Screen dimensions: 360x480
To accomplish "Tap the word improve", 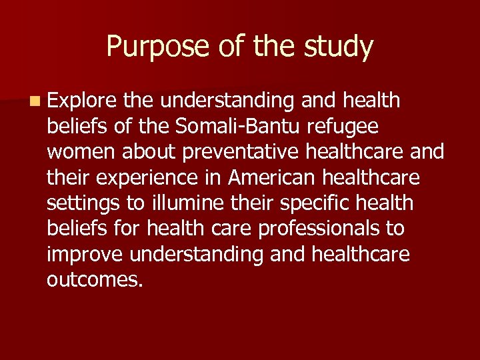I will click(x=86, y=254).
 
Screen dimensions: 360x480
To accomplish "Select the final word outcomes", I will click(x=95, y=279).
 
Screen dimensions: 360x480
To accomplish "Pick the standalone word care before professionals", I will click(x=232, y=229).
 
